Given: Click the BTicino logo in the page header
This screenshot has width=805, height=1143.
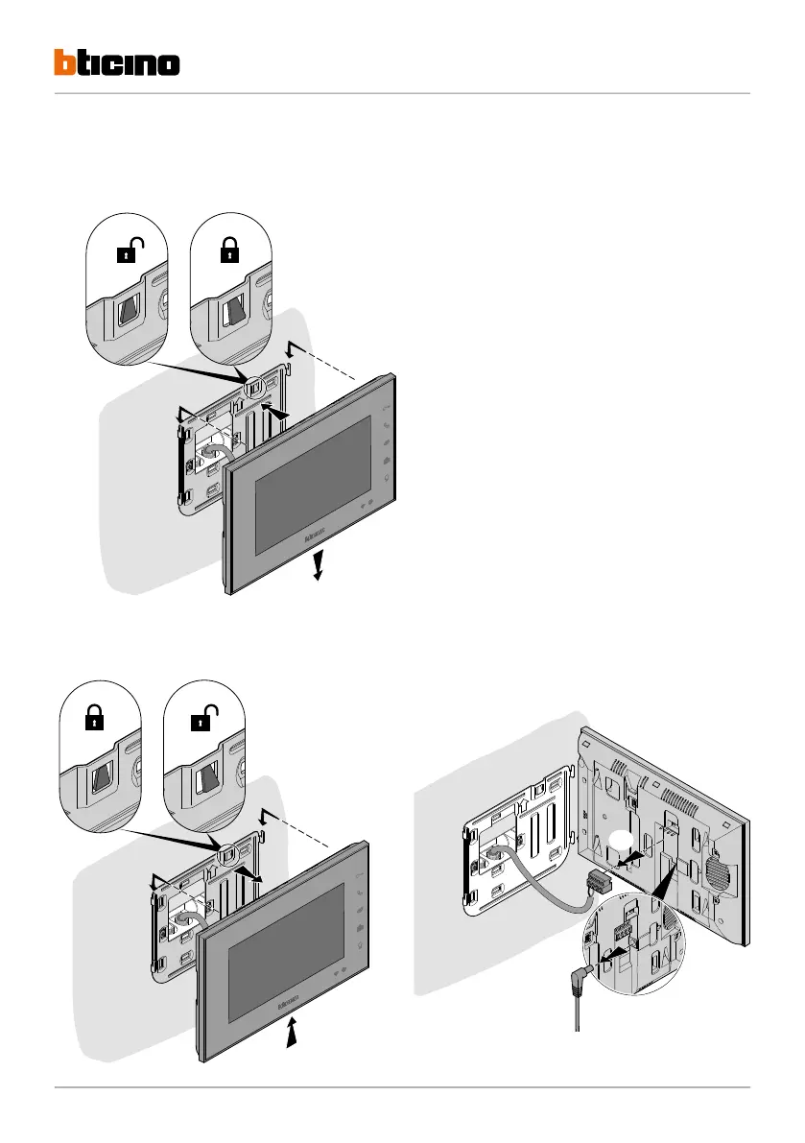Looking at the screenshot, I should tap(116, 63).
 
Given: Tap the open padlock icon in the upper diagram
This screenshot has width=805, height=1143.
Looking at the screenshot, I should tap(130, 253).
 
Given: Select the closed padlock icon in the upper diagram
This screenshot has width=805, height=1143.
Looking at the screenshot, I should tap(229, 253).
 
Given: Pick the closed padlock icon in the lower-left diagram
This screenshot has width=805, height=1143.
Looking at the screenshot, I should tap(93, 722).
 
